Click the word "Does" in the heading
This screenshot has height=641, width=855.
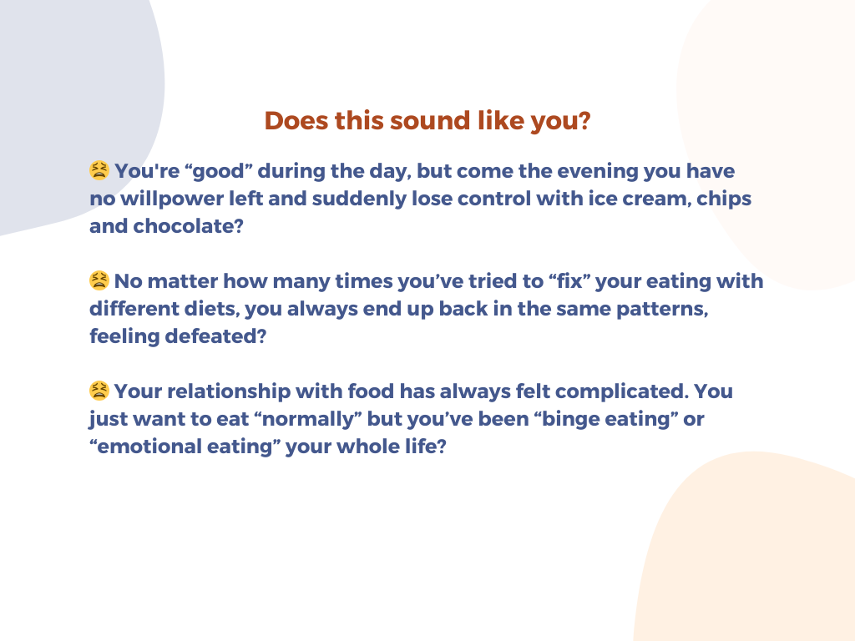[x=296, y=120]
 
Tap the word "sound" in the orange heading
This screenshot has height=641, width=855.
[x=430, y=120]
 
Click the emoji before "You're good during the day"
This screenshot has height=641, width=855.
[x=99, y=170]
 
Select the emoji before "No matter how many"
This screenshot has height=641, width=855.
[x=99, y=280]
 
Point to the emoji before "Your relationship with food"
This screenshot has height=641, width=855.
[x=99, y=391]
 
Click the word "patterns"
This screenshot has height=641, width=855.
[x=661, y=309]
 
